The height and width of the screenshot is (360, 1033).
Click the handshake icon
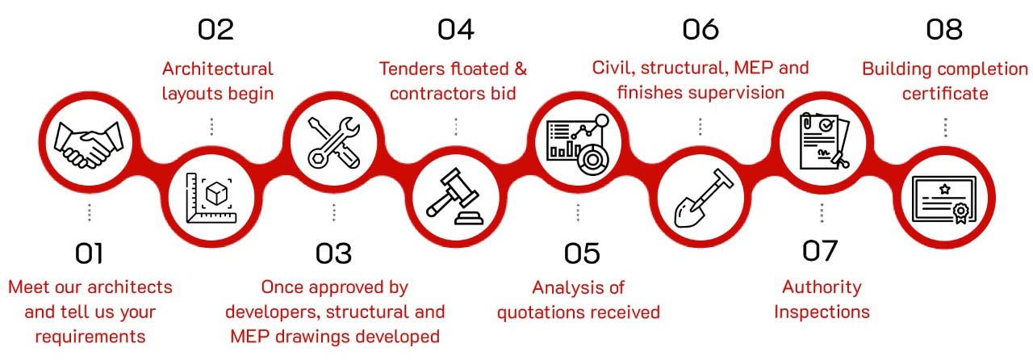89,144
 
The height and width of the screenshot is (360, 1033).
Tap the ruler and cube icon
211,198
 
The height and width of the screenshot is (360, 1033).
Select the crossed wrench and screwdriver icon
334,142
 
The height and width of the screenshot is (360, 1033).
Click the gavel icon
454,196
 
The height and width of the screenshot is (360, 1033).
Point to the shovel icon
703,198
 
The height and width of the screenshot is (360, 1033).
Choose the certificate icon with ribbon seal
944,200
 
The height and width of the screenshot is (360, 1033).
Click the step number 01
89,253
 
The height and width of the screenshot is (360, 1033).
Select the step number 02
215,30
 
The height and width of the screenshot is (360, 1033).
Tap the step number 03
333,253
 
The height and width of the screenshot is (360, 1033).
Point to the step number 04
456,30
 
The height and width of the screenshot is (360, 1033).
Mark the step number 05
582,253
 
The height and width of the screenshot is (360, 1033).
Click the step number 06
701,30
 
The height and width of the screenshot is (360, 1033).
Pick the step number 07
819,250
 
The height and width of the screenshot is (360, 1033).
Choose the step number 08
944,30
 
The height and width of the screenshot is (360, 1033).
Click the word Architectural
218,69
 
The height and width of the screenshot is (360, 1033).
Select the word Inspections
822,312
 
